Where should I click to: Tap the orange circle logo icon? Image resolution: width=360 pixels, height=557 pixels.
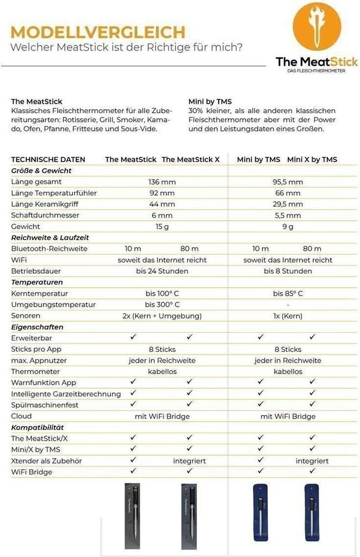point(317,27)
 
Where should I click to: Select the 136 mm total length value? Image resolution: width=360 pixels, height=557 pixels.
point(162,182)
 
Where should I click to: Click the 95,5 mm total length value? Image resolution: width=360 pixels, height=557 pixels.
point(287,182)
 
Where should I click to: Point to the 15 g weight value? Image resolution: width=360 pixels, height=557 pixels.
point(162,226)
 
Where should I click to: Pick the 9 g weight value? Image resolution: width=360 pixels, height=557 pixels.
point(287,226)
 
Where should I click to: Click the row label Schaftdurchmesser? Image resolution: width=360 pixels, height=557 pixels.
point(45,215)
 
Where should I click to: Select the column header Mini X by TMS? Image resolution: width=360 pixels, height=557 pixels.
point(312,159)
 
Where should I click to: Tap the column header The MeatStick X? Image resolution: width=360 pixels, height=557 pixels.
point(190,159)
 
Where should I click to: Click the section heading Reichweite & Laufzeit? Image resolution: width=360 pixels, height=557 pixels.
point(50,238)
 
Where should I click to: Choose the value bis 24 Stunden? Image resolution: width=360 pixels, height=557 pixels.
point(162,271)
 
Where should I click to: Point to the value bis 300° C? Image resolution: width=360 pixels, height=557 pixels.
point(162,305)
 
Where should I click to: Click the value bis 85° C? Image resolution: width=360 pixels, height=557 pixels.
point(287,293)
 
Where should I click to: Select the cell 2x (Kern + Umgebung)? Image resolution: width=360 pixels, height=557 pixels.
point(162,315)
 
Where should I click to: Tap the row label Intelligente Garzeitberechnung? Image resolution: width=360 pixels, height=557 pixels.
point(66,394)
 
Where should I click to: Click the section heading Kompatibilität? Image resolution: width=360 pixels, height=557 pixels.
point(38,427)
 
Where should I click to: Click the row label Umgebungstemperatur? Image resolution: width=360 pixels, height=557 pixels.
point(53,305)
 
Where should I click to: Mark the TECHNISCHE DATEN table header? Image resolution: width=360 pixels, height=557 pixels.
point(48,159)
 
